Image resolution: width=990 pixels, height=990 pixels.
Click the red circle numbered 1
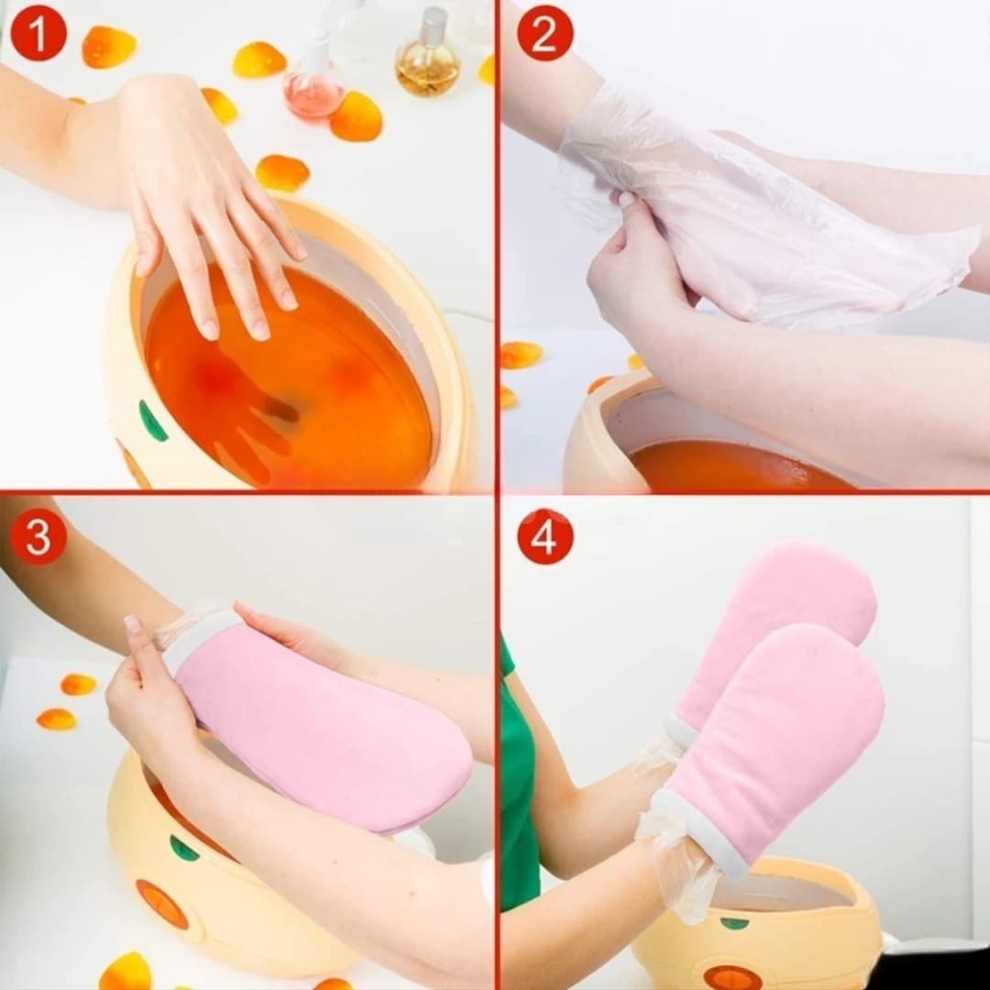[38, 33]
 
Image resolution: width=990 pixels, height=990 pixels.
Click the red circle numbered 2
[544, 33]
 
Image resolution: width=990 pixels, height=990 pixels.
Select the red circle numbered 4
[544, 536]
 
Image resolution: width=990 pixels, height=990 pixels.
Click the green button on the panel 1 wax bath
[153, 420]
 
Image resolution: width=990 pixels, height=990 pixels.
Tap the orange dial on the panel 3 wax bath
[161, 904]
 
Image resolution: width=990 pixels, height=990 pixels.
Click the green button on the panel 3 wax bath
[183, 847]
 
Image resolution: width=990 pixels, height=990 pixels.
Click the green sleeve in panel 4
[518, 776]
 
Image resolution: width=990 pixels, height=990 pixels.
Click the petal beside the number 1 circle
[109, 47]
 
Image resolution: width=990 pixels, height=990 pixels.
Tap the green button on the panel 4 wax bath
[734, 923]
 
